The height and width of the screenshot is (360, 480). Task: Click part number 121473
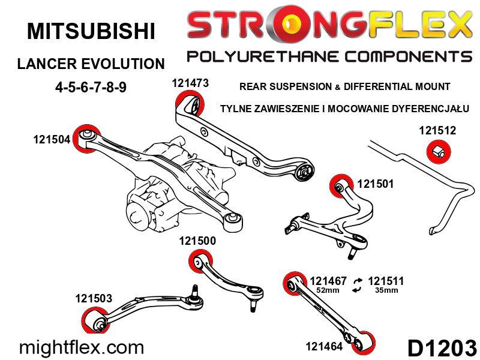pos(190,83)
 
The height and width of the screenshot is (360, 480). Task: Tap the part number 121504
pos(52,140)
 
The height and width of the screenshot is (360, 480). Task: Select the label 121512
pos(437,131)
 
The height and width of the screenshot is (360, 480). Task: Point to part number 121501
pos(376,184)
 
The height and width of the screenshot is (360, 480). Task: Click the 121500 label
pos(197,241)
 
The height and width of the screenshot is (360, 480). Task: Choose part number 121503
pos(94,298)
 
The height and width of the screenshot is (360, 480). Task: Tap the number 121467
pos(328,281)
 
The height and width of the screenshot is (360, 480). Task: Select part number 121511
pos(386,281)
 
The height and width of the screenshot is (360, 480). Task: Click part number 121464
pos(324,347)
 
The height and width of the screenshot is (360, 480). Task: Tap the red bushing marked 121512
pos(439,152)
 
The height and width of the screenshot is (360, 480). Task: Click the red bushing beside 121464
pos(364,342)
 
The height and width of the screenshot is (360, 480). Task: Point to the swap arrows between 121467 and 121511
pos(357,285)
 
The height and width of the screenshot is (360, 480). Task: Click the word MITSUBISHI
pos(91,31)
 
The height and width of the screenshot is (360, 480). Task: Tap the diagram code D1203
pos(442,348)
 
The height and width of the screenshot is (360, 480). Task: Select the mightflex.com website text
pos(82,347)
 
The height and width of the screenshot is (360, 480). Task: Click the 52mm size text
pos(328,290)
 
